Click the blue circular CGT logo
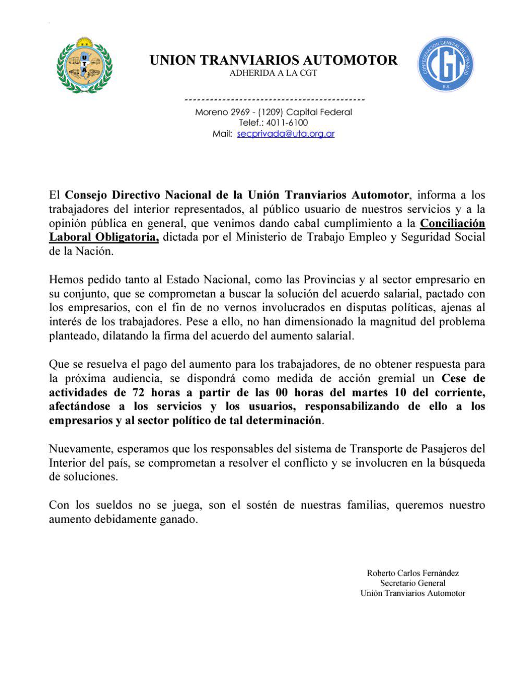click(x=446, y=64)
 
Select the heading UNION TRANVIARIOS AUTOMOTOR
click(x=273, y=60)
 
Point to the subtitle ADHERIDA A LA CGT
click(x=273, y=73)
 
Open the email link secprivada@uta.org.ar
click(x=286, y=134)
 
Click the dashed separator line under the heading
click(x=274, y=99)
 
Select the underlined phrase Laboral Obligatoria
click(x=103, y=237)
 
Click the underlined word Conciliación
click(x=452, y=223)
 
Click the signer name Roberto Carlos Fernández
click(x=413, y=573)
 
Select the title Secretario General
click(x=413, y=583)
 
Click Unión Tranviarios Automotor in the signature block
click(x=413, y=593)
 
